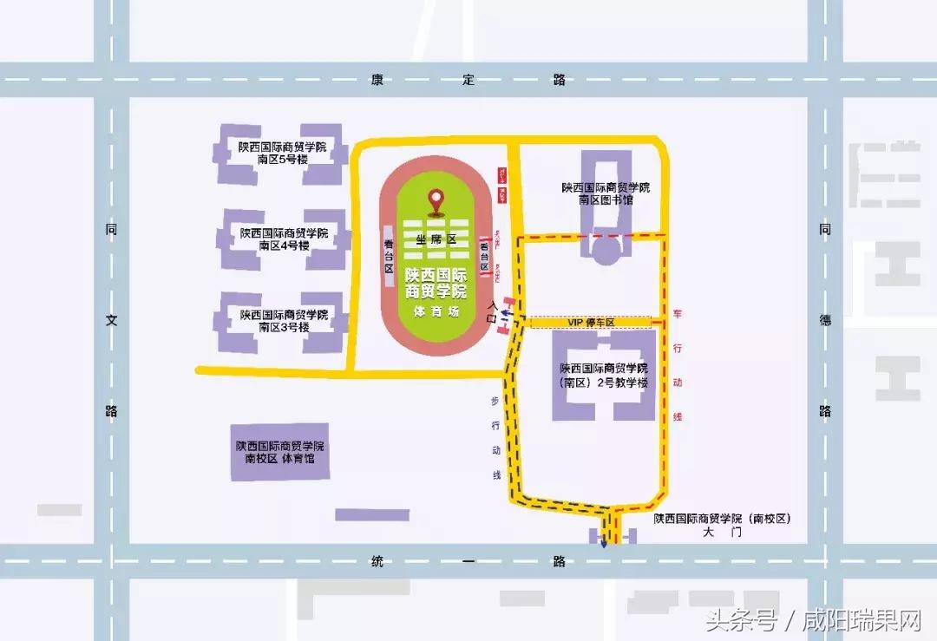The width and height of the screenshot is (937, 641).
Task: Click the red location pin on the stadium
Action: coord(436,202)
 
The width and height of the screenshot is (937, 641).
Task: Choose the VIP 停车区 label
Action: coord(591,323)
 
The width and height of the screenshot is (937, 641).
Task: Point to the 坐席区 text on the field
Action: coord(436,238)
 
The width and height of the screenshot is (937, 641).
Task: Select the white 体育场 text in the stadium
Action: coord(436,311)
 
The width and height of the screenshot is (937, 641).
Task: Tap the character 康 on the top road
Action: coord(377,80)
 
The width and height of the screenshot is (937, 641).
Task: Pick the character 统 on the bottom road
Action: coord(377,561)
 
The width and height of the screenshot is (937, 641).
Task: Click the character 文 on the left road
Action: coord(111,320)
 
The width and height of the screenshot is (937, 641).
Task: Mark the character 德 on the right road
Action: coord(825,320)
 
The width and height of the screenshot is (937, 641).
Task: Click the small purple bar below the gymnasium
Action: coord(372,514)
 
